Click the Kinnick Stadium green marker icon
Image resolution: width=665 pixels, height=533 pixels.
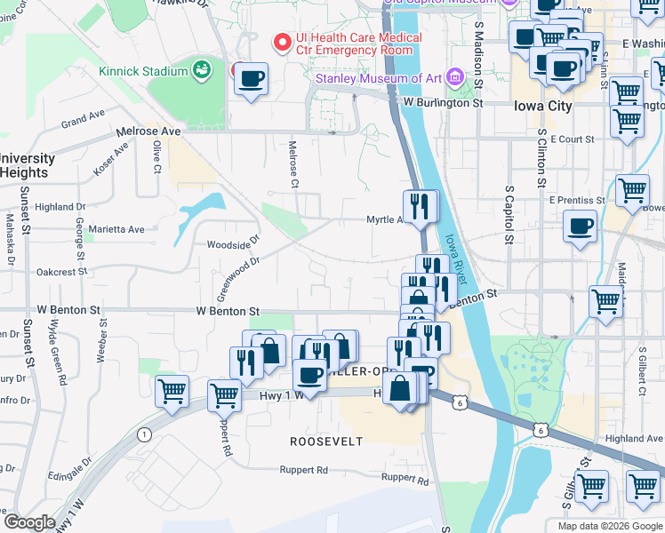click(x=202, y=69)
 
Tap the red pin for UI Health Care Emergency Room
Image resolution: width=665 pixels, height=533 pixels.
click(x=283, y=42)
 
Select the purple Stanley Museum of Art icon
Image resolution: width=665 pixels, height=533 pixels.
click(x=456, y=78)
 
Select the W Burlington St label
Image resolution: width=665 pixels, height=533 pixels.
click(x=442, y=102)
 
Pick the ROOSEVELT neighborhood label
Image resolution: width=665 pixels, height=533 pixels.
click(x=326, y=442)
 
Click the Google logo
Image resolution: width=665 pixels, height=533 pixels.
click(x=29, y=522)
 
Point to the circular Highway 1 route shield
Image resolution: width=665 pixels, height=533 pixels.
click(x=143, y=434)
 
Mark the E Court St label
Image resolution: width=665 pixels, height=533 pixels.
click(x=572, y=139)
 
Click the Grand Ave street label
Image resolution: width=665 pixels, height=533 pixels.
click(x=84, y=118)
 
